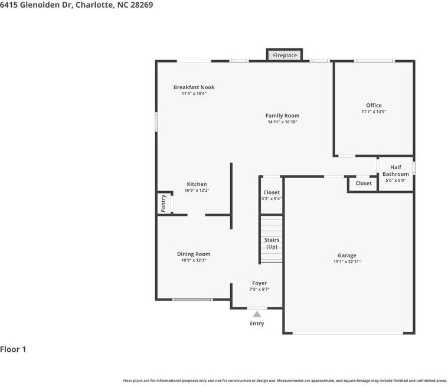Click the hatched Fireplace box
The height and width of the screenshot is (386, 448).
(285, 55)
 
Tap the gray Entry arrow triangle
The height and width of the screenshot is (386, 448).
(257, 314)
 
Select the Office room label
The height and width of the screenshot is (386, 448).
(374, 105)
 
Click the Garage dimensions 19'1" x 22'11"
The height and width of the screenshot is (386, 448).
(347, 261)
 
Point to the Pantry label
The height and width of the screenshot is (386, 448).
(163, 204)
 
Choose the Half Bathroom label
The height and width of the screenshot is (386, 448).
(395, 171)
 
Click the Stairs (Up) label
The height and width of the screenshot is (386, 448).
(272, 243)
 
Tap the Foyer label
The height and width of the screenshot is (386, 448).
(260, 283)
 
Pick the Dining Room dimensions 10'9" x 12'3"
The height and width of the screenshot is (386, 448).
(194, 260)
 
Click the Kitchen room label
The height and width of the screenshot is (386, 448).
(197, 184)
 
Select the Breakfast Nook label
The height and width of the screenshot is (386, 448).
(194, 87)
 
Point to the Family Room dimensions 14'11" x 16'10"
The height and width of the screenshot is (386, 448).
(283, 122)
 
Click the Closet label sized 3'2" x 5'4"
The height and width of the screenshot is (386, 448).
(272, 192)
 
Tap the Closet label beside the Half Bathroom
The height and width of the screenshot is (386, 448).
(364, 184)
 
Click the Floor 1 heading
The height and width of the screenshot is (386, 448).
(13, 349)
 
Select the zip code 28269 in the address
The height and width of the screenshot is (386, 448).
(142, 5)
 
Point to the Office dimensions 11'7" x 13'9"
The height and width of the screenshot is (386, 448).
(374, 112)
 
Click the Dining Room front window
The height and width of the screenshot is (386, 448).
(192, 299)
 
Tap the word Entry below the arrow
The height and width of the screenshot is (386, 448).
(257, 323)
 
